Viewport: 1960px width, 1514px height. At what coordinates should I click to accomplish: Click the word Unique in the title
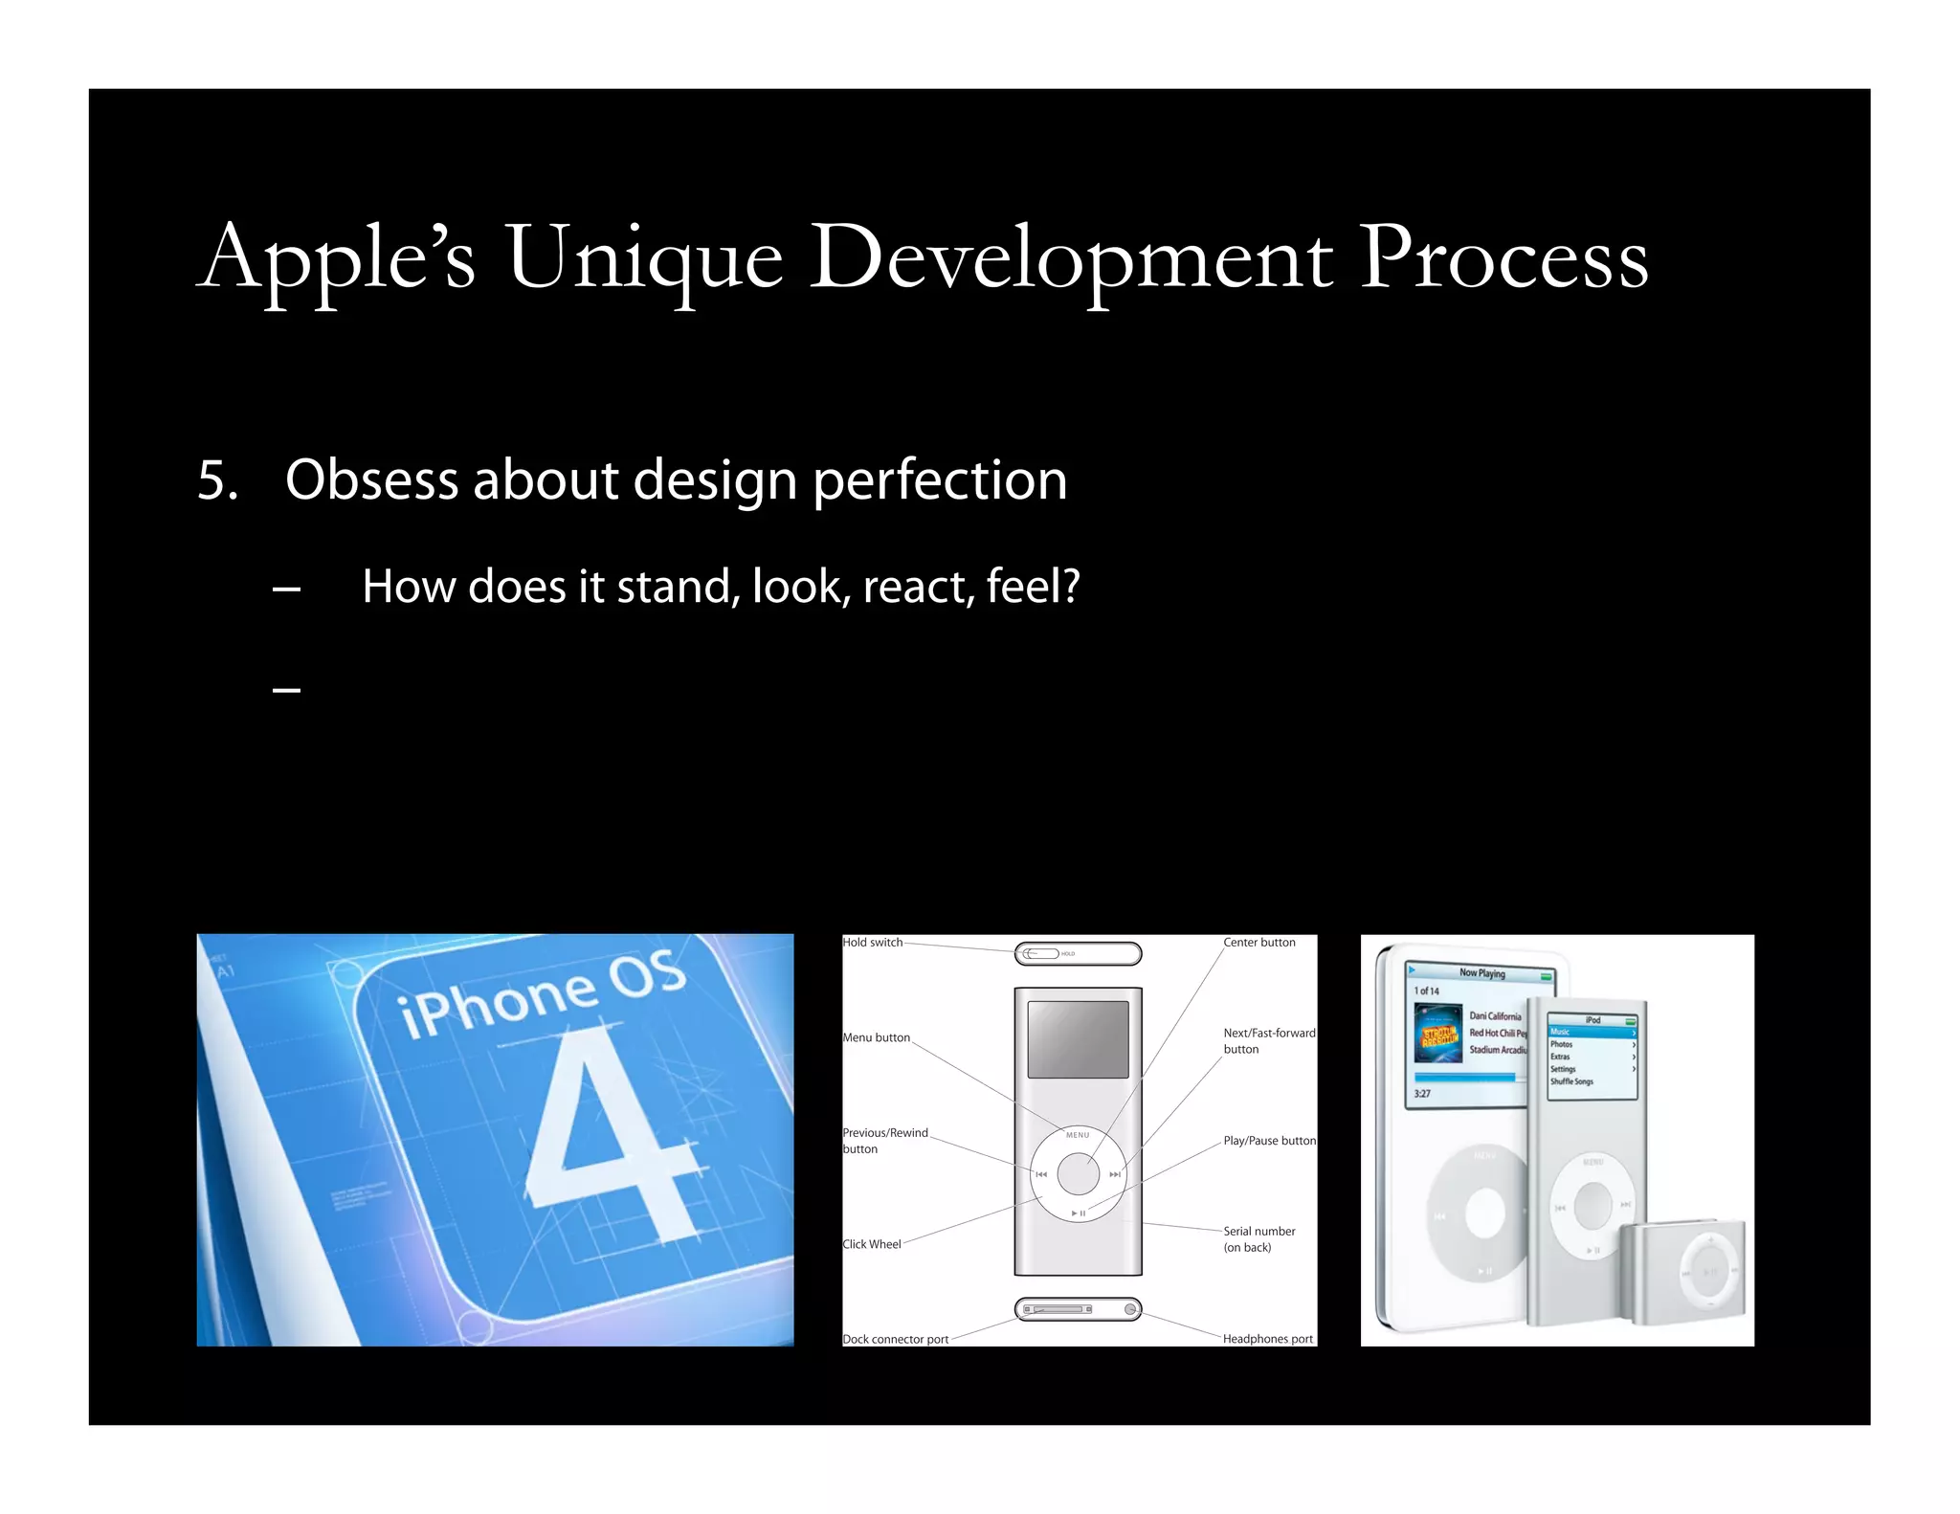(644, 258)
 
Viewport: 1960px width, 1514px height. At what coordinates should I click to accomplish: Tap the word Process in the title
(1503, 258)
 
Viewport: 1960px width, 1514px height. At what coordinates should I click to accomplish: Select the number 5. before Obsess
(217, 480)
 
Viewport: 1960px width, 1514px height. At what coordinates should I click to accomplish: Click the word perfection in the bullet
(939, 480)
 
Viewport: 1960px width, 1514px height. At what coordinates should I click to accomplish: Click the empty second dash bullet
(286, 689)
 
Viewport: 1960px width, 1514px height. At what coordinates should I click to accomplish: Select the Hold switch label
(872, 943)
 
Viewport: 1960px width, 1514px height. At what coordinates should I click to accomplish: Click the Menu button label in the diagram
(876, 1037)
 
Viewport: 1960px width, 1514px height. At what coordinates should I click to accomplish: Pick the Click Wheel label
(871, 1244)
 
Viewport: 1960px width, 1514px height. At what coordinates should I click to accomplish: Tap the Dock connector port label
(895, 1339)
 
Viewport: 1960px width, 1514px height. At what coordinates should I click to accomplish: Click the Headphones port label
(1267, 1339)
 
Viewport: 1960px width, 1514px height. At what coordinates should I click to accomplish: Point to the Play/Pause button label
(1269, 1141)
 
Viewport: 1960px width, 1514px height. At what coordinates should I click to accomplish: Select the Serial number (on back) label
(1258, 1238)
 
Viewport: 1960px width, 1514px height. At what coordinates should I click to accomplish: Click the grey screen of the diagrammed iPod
(1078, 1039)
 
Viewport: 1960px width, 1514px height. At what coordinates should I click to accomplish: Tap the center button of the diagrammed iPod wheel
(1078, 1174)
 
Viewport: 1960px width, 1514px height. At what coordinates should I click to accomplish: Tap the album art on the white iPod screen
(1437, 1034)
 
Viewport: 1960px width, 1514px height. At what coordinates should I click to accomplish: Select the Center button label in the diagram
(1258, 943)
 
